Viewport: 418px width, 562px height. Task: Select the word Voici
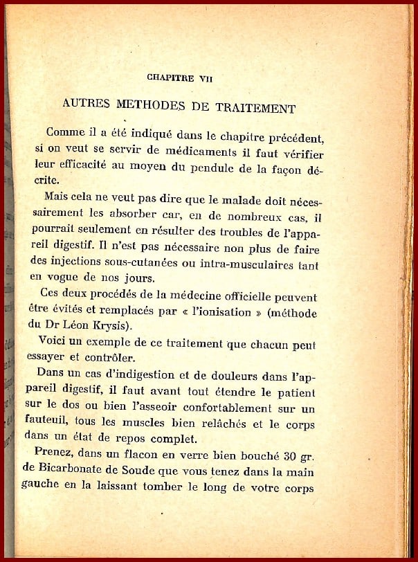pyautogui.click(x=56, y=343)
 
